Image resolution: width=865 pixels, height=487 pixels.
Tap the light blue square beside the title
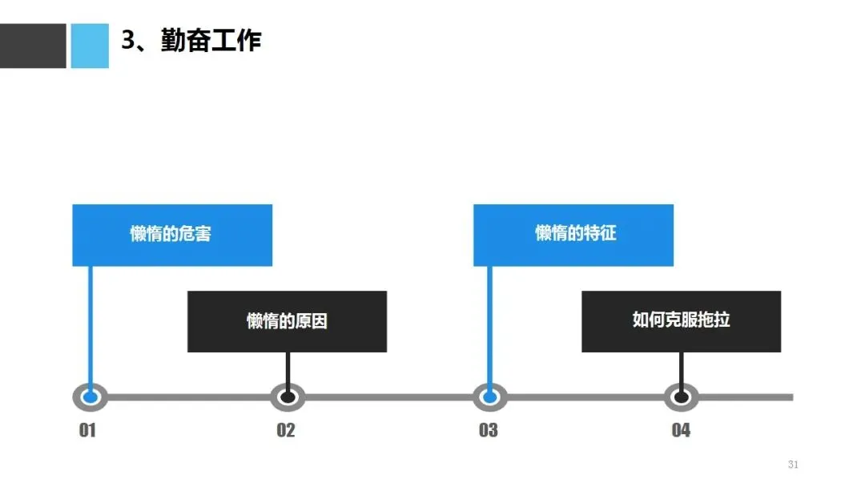(89, 46)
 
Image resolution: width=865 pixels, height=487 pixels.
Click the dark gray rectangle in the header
(33, 46)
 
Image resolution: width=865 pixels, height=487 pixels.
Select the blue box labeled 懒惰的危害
(172, 235)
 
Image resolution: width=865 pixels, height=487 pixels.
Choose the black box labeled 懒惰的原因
(287, 321)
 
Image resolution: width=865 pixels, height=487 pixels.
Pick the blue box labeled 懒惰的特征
(573, 235)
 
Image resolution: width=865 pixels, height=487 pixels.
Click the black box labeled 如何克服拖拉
(681, 321)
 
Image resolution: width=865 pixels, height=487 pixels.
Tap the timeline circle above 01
(91, 396)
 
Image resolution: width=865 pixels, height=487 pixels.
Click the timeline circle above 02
(288, 396)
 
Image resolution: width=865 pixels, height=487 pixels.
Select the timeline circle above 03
(489, 396)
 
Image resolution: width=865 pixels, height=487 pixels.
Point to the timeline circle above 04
(681, 396)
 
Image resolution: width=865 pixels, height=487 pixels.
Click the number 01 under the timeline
(87, 430)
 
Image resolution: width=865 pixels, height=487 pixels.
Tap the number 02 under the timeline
(286, 430)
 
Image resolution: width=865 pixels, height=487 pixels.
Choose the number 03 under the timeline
(488, 430)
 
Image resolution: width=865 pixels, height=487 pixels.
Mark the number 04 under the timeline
(681, 430)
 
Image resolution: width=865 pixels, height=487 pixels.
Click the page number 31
(793, 465)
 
